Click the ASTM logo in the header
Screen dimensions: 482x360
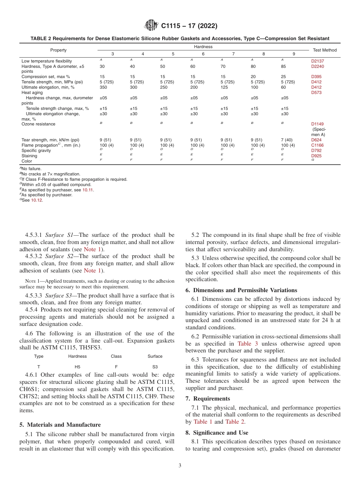[x=152, y=26]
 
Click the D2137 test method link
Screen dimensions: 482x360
[x=318, y=61]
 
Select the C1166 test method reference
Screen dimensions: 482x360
[x=318, y=145]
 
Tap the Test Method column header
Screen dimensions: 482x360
[x=324, y=50]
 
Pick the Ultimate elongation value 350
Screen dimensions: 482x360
[x=104, y=87]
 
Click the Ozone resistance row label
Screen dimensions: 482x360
[x=38, y=124]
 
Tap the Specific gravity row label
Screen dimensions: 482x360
[x=34, y=150]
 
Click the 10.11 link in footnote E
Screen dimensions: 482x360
[x=88, y=190]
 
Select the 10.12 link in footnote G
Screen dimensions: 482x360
[x=37, y=200]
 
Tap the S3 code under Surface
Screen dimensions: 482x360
[x=155, y=367]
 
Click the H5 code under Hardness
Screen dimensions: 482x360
[x=77, y=367]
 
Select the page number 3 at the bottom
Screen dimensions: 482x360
[x=180, y=466]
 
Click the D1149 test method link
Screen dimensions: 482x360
[x=318, y=124]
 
